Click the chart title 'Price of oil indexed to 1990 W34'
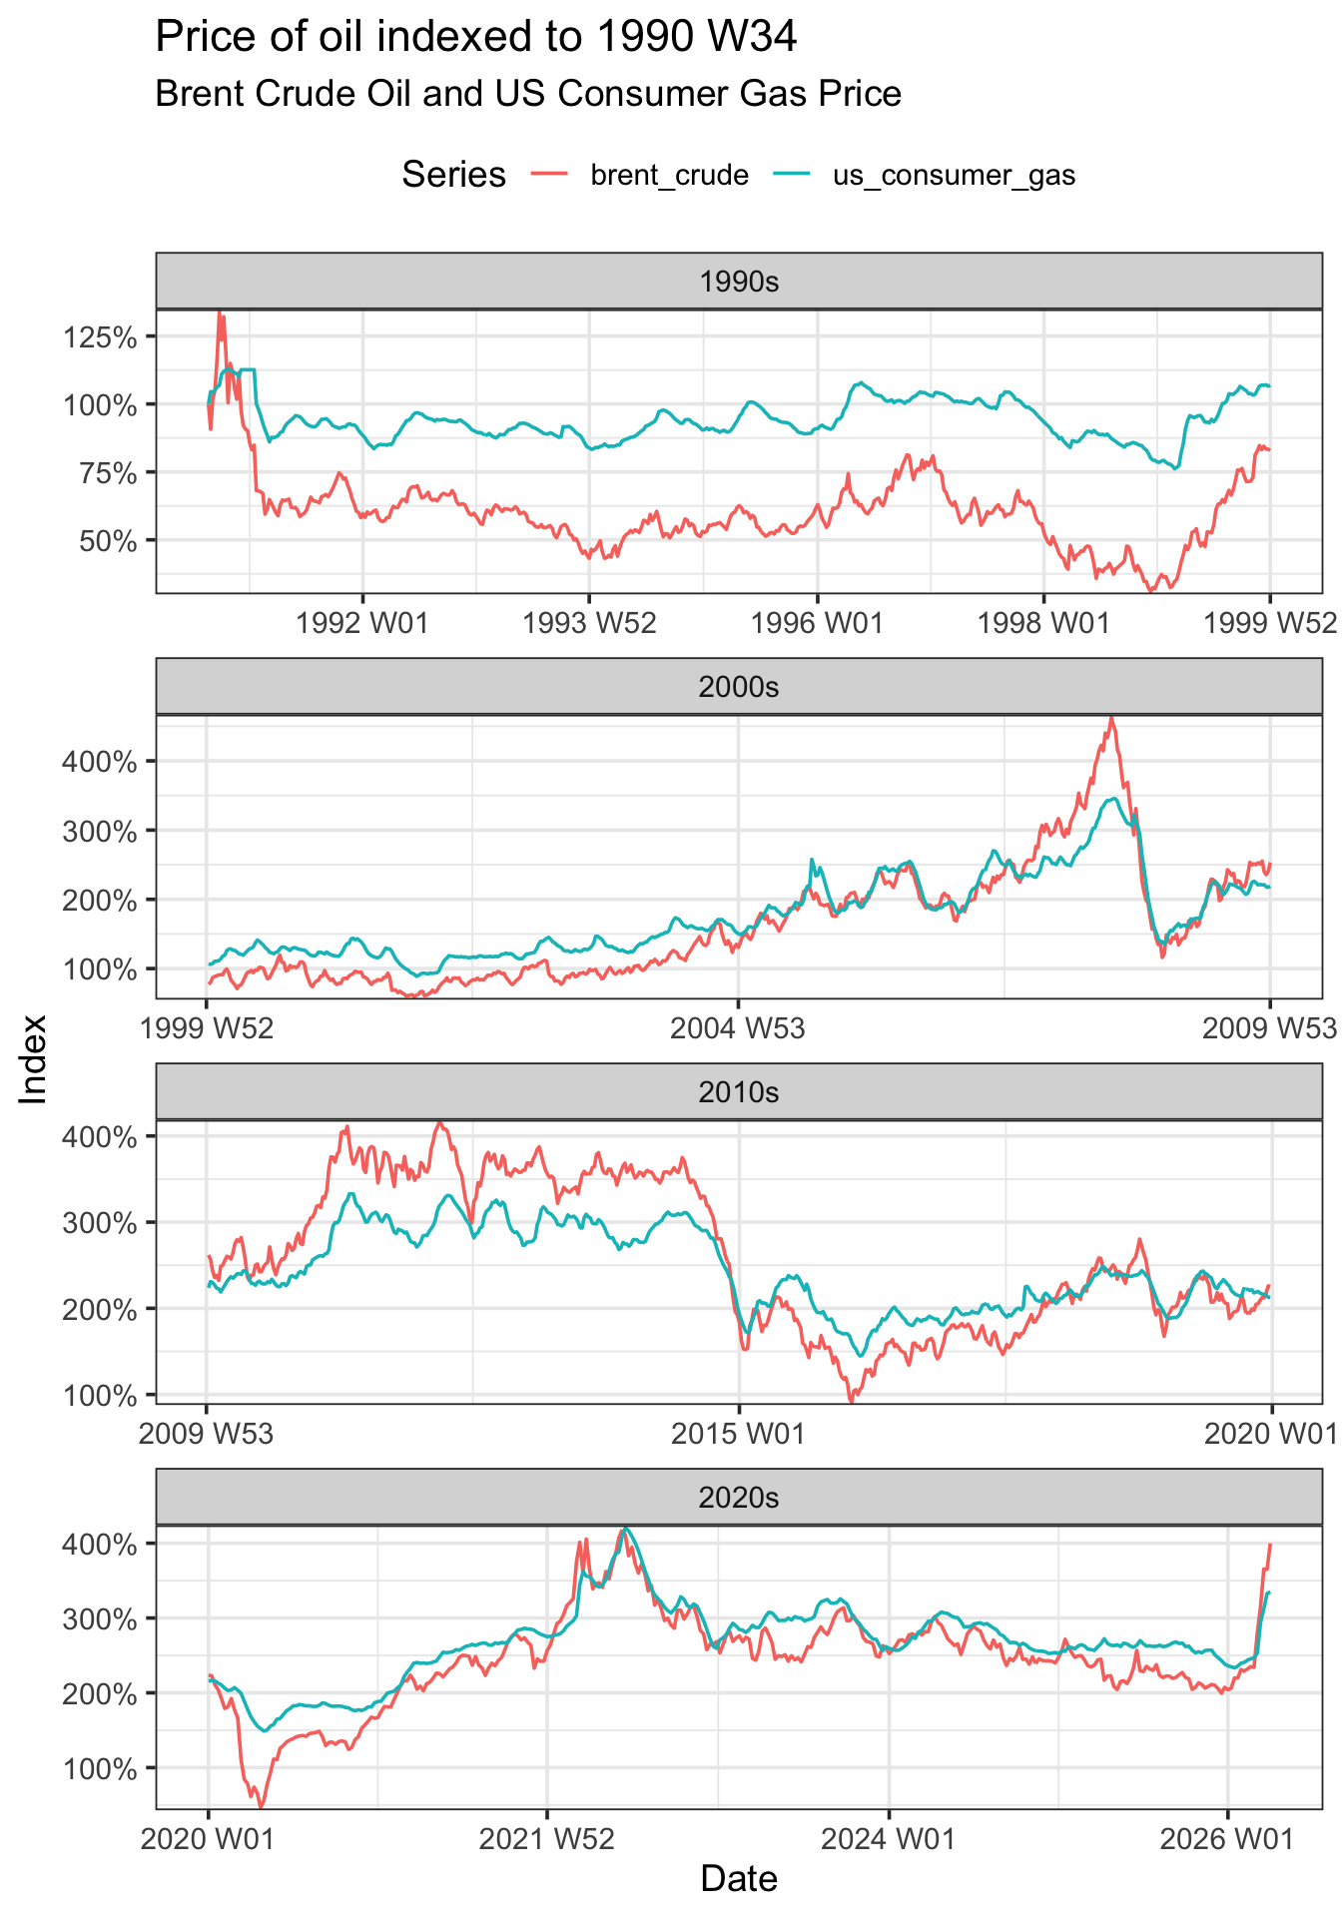tap(476, 38)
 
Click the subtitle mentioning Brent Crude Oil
tap(528, 94)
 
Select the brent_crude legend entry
tap(669, 176)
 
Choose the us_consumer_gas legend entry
tap(954, 176)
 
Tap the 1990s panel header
tap(739, 282)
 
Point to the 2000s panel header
tap(739, 687)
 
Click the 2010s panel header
tap(739, 1092)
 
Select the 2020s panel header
tap(739, 1498)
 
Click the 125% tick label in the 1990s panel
tap(100, 336)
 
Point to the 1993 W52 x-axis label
tap(589, 624)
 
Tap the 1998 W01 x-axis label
tap(1043, 624)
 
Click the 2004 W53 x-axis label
tap(738, 1028)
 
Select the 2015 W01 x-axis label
tap(738, 1435)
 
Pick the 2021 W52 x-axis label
tap(546, 1839)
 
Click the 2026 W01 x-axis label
tap(1226, 1839)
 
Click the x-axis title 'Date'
tap(739, 1879)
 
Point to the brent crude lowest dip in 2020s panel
tap(261, 1805)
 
